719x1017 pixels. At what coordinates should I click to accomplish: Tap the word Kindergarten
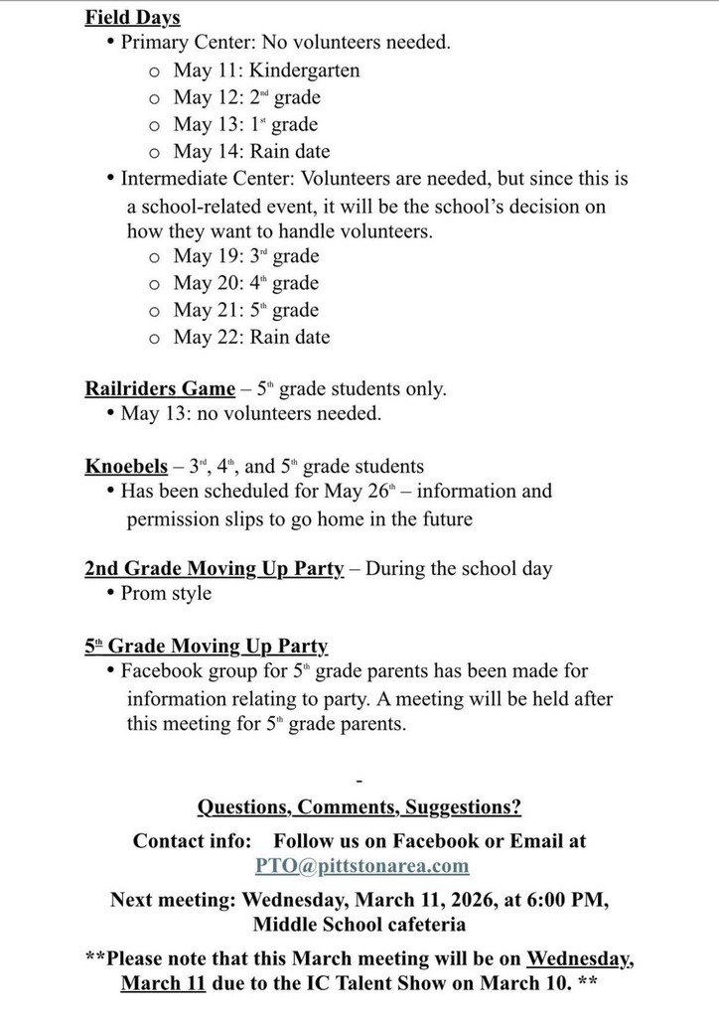pos(304,71)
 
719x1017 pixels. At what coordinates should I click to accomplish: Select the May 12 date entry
pos(207,97)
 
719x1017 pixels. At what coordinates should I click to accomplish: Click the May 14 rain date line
pos(251,152)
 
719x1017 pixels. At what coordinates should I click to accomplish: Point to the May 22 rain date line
pos(251,337)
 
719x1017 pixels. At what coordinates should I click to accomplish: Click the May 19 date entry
pos(207,256)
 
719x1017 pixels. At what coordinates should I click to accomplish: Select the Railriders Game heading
pos(160,388)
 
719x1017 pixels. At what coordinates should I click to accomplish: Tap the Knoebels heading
pos(126,466)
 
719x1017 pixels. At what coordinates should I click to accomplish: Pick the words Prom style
pos(166,594)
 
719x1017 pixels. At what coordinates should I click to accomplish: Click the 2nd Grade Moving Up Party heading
pos(214,569)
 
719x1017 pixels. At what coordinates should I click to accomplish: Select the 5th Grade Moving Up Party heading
pos(206,647)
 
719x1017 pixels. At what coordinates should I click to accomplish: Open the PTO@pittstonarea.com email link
pos(361,866)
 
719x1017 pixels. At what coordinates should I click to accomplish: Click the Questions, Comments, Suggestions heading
pos(359,806)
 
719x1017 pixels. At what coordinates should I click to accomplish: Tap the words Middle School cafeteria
pos(359,925)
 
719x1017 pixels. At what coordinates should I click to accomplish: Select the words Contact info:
pos(193,840)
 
